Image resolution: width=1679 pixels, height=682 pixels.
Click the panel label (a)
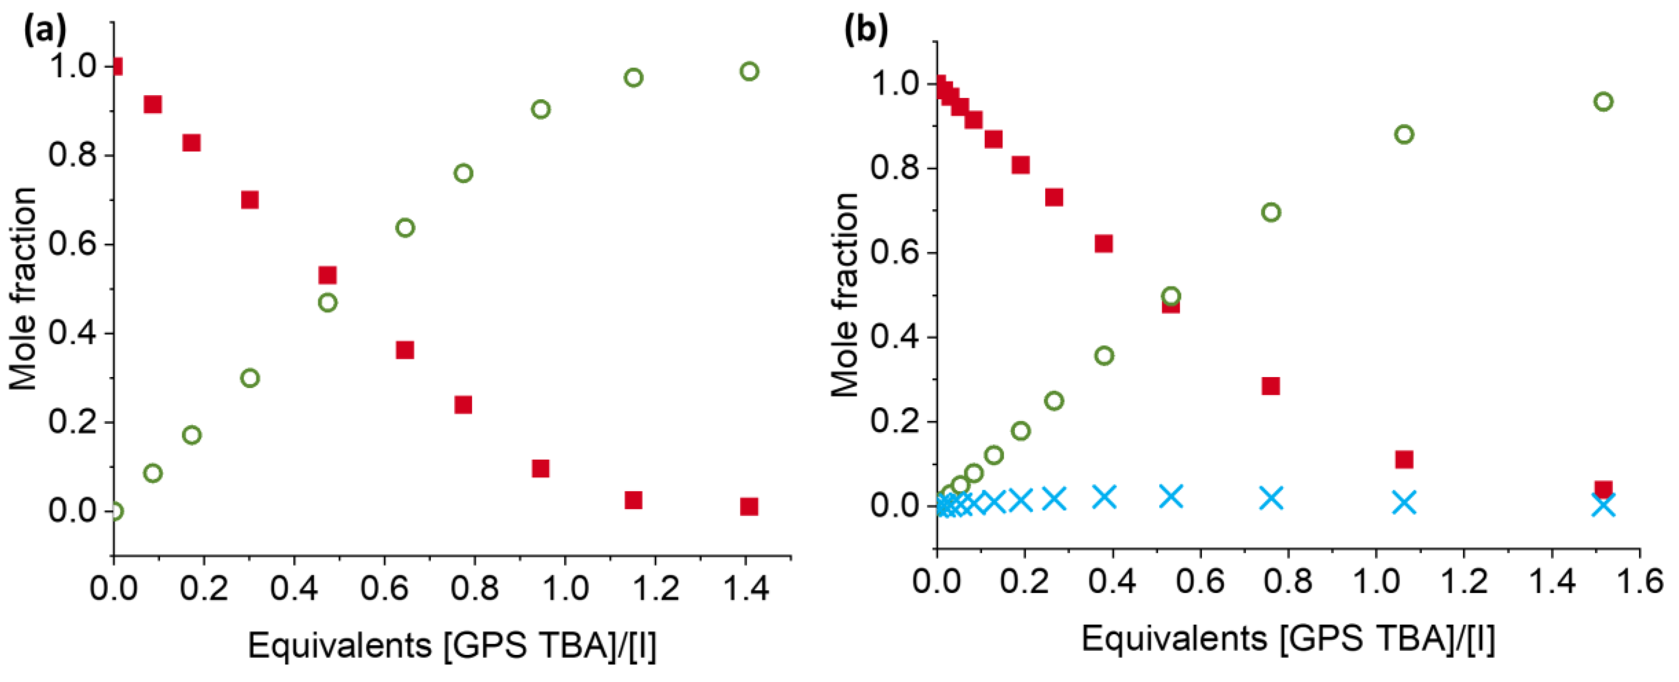pos(44,31)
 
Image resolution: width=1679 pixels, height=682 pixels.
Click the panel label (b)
pos(865,31)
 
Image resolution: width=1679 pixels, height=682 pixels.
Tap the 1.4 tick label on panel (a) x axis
pos(746,588)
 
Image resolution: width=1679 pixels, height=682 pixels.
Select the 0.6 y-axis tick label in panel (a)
pos(72,244)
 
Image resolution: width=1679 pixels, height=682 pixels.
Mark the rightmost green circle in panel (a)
pos(749,71)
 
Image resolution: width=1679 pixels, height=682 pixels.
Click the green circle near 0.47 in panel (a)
pos(327,302)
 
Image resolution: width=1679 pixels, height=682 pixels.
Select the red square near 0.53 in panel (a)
pos(327,275)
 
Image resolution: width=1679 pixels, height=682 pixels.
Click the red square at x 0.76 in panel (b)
pos(1270,385)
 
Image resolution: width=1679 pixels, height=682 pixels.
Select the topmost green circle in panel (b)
pos(1603,102)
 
